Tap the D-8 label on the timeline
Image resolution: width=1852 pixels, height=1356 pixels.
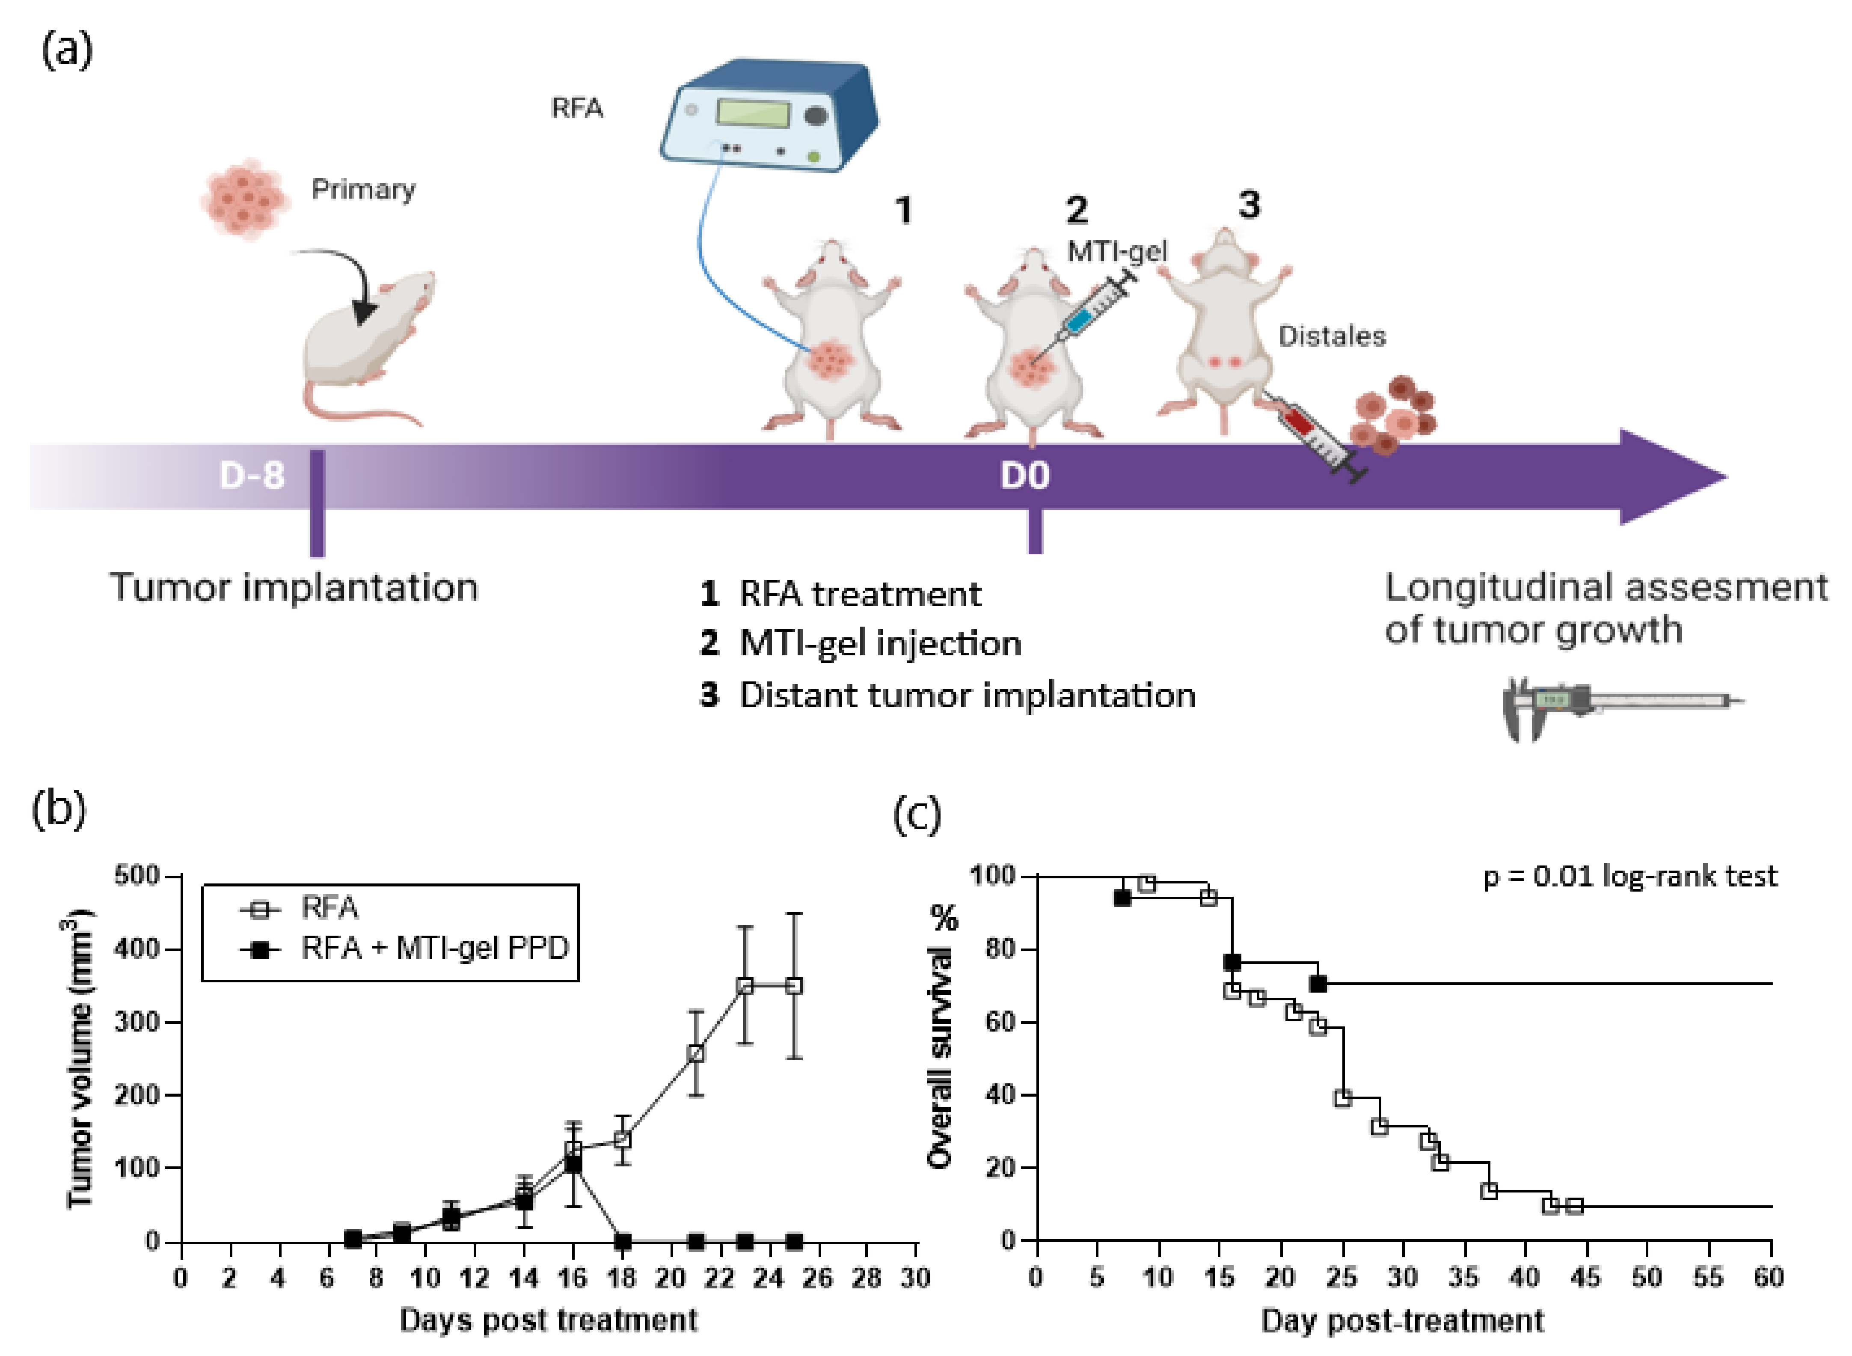click(x=252, y=475)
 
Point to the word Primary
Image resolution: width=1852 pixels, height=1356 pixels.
click(x=363, y=190)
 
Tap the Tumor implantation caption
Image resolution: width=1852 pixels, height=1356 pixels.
click(x=294, y=588)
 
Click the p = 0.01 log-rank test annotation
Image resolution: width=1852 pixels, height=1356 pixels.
click(x=1629, y=877)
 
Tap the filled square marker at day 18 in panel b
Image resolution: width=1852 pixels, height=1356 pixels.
click(x=623, y=1241)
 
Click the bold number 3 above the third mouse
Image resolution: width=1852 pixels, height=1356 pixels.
click(x=1249, y=205)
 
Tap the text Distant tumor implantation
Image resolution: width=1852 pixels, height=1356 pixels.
click(x=967, y=695)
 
